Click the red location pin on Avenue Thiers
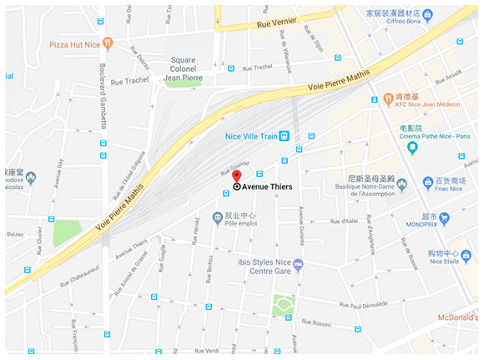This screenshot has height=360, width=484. pyautogui.click(x=236, y=176)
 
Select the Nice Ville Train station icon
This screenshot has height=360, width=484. pyautogui.click(x=285, y=136)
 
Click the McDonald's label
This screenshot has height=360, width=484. pyautogui.click(x=458, y=317)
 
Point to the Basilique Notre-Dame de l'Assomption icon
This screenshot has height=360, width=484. pyautogui.click(x=401, y=184)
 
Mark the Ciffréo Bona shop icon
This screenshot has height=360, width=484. pyautogui.click(x=427, y=14)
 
